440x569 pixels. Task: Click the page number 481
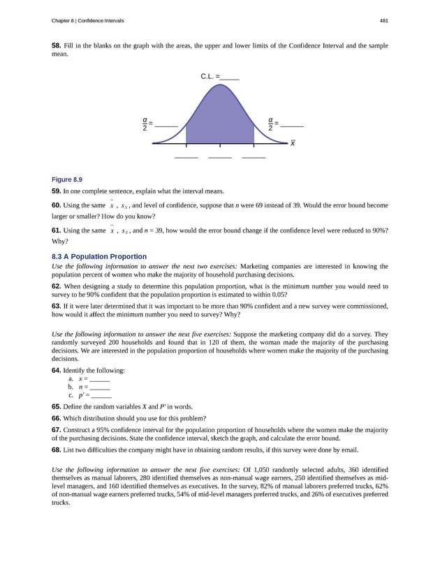(383, 21)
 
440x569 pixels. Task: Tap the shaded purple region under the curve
(220, 119)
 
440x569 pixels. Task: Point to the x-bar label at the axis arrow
(293, 143)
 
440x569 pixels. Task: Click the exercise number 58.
(56, 45)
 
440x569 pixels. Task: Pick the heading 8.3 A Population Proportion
(99, 256)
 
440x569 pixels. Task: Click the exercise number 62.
(56, 286)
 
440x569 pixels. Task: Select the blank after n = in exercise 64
(100, 387)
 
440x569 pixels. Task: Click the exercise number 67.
(56, 429)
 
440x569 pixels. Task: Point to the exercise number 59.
(56, 191)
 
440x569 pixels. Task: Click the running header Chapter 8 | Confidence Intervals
(88, 21)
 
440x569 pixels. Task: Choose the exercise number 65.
(56, 406)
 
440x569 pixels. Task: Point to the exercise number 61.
(56, 230)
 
